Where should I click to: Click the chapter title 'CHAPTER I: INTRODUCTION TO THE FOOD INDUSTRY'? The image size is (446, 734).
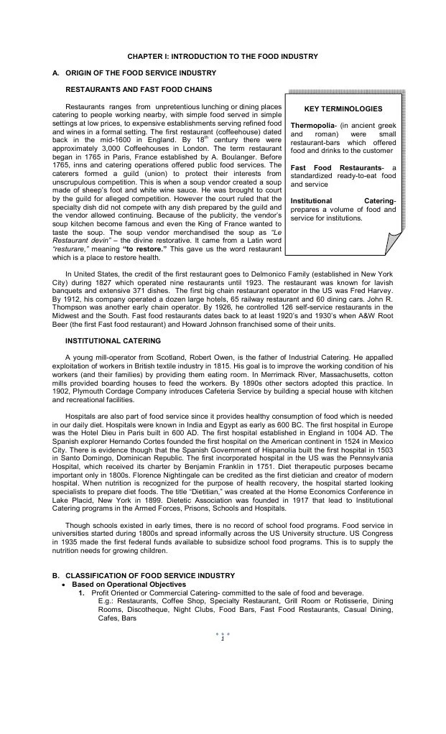point(223,56)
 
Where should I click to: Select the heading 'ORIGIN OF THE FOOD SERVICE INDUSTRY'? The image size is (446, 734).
point(141,73)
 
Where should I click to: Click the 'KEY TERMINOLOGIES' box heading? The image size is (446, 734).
point(343,109)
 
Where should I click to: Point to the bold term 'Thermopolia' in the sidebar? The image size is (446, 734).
point(310,126)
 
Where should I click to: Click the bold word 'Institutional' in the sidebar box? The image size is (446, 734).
point(314,200)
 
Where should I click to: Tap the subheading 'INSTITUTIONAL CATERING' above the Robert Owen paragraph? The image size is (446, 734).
point(113,340)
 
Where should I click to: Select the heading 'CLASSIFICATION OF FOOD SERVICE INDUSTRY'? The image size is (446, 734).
point(150,576)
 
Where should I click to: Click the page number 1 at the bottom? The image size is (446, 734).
point(223,639)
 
